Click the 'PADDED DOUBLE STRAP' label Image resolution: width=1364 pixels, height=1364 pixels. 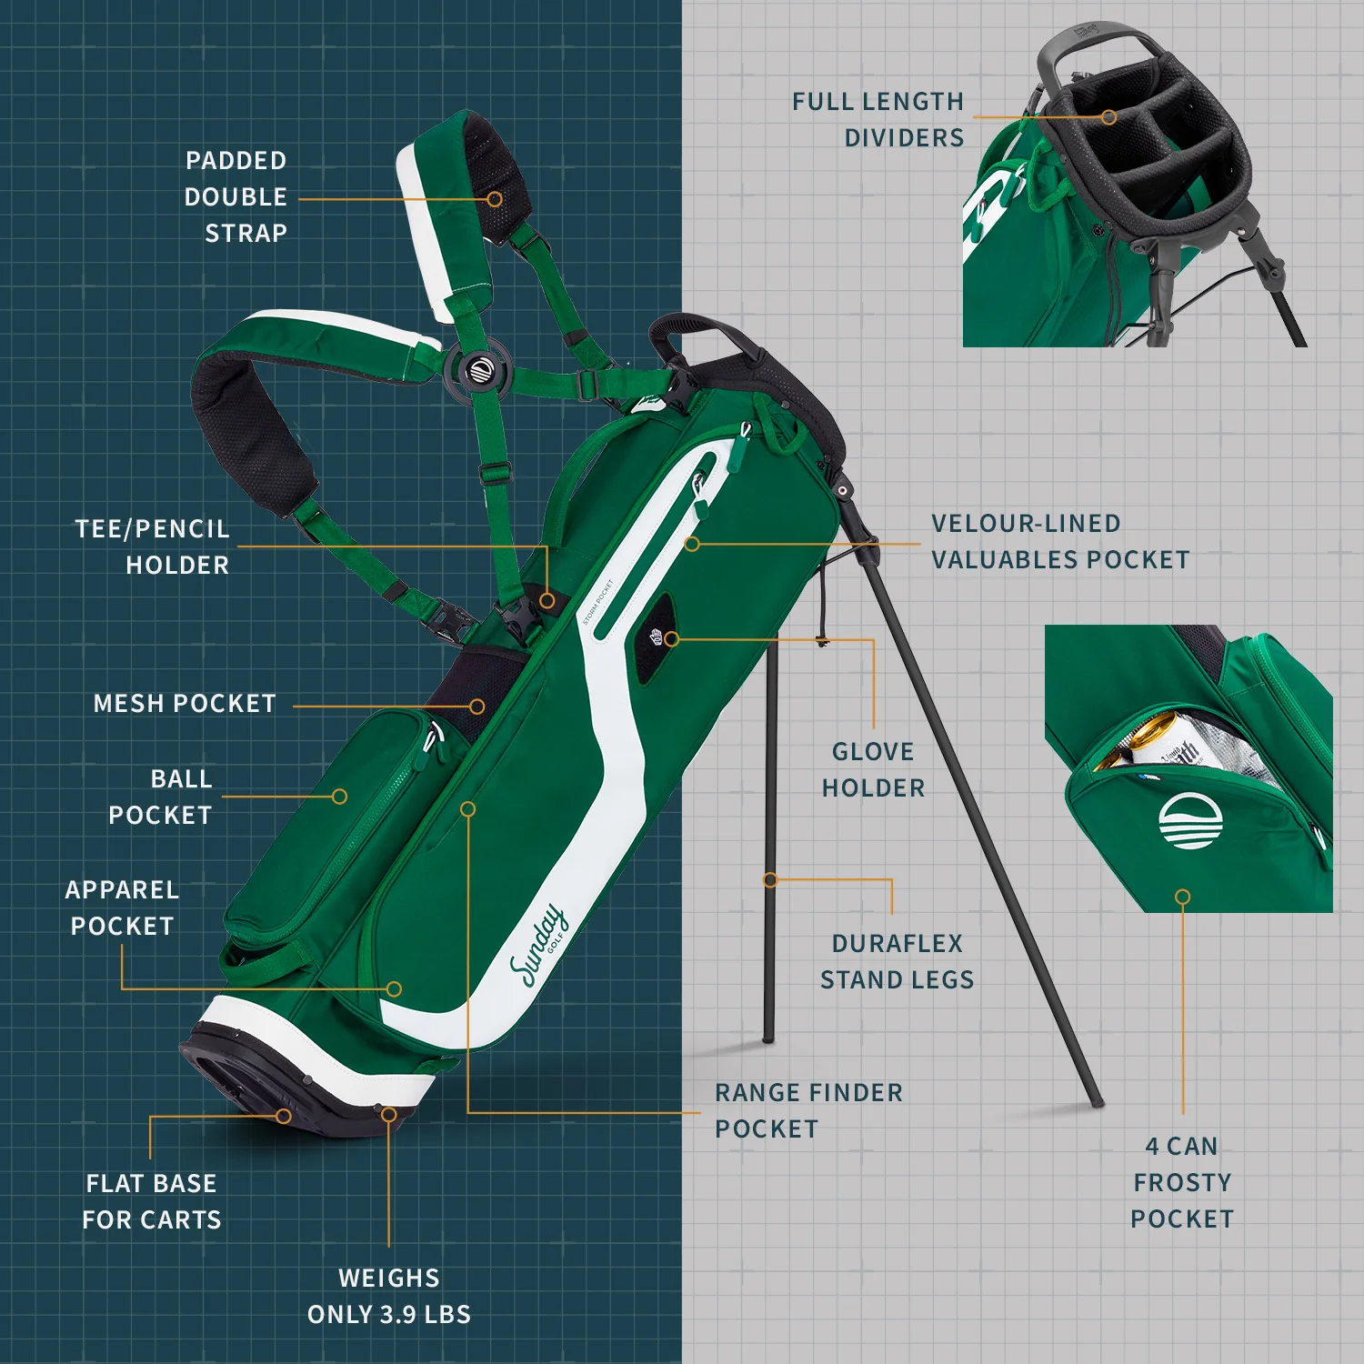236,196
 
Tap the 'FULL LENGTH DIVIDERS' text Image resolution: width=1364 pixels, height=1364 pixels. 878,119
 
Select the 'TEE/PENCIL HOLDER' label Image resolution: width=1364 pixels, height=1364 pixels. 152,547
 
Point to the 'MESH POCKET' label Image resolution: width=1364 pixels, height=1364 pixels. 185,703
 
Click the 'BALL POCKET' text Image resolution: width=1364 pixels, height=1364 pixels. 160,797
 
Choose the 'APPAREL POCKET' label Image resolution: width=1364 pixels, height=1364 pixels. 122,908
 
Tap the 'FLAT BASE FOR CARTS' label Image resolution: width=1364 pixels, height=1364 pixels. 152,1201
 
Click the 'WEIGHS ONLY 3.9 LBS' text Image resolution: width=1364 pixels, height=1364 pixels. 389,1296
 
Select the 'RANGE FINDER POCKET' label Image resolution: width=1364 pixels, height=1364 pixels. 808,1110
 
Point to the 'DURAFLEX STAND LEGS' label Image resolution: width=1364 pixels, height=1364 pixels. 897,961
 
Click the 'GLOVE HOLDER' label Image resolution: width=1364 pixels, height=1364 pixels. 873,769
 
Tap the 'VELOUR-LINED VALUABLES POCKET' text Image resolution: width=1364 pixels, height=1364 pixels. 1060,541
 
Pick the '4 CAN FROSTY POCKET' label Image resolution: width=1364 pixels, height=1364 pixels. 1182,1182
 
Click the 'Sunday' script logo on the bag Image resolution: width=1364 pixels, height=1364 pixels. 537,947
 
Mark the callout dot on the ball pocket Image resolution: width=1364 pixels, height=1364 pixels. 339,797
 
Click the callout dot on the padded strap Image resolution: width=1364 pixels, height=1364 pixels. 495,198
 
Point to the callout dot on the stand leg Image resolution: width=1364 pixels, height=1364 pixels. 770,880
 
